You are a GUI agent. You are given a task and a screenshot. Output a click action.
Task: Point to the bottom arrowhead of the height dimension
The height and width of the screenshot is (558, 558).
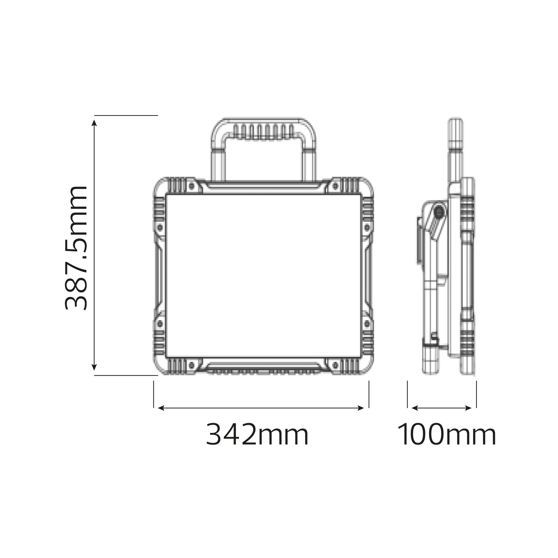[94, 367]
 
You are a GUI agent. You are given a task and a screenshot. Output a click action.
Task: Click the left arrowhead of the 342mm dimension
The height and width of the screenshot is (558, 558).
[161, 408]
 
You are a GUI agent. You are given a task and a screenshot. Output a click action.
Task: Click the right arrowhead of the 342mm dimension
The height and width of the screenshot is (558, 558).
[361, 408]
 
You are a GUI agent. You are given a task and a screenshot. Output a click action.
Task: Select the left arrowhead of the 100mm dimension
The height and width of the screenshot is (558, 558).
[415, 408]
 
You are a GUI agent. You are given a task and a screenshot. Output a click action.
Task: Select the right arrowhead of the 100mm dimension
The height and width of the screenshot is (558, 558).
[468, 408]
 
